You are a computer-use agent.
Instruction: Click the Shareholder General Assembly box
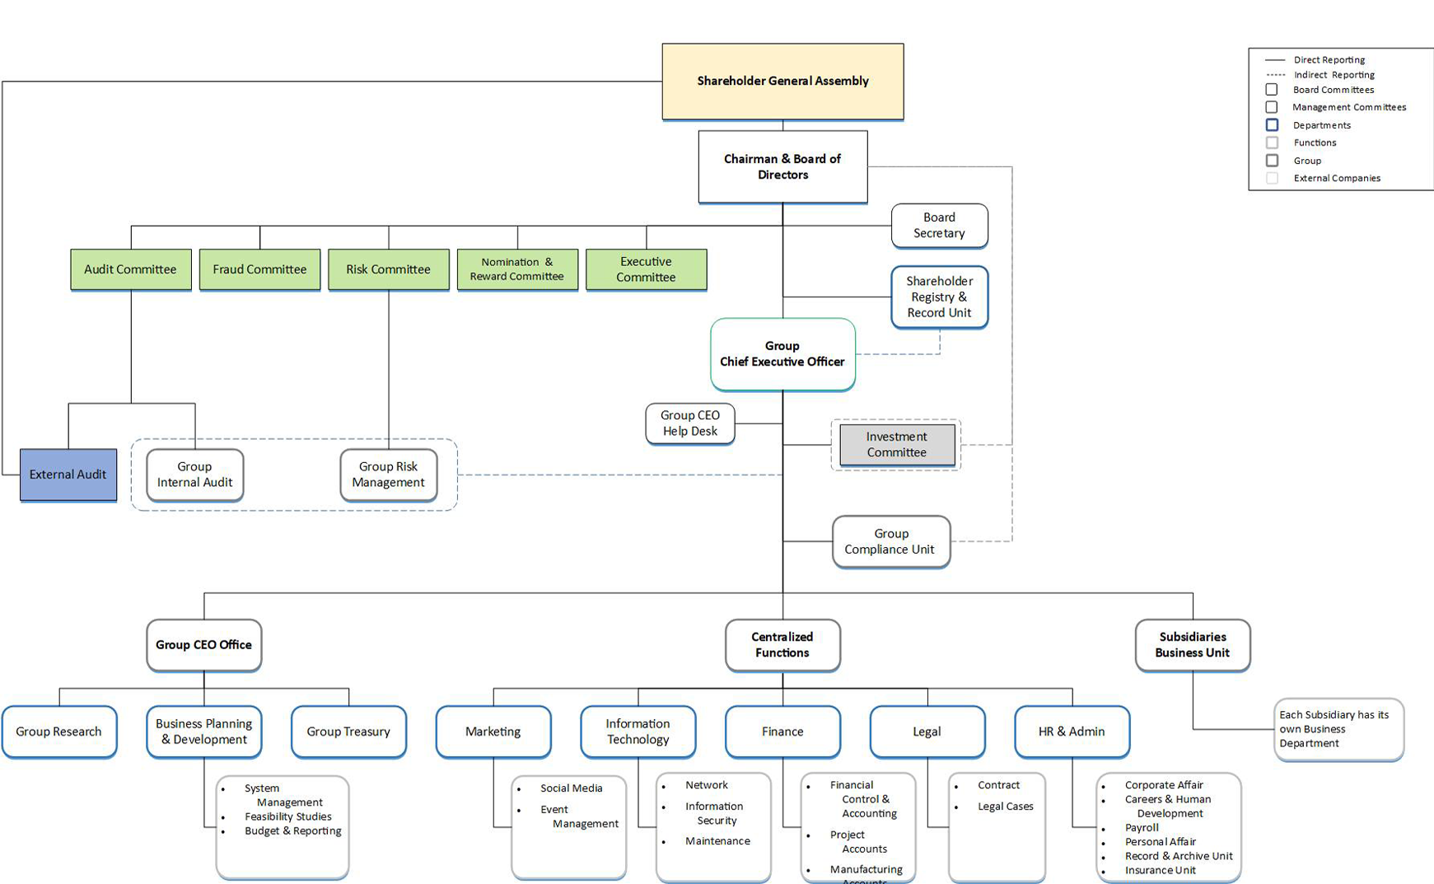click(782, 81)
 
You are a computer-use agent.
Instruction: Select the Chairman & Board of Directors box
click(782, 166)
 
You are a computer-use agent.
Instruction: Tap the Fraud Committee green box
click(259, 269)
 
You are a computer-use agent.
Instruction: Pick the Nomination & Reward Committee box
click(517, 269)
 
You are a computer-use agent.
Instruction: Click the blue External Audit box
click(68, 475)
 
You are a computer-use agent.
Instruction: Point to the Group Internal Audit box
click(194, 475)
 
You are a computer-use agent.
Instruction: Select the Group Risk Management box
click(388, 475)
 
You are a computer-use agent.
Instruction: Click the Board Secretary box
click(939, 225)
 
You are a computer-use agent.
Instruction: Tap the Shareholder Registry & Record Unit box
click(939, 297)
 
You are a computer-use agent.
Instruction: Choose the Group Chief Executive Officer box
click(782, 353)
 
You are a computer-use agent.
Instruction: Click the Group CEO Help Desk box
click(690, 423)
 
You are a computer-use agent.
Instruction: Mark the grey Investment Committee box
click(897, 445)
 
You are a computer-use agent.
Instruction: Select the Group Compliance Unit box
click(890, 541)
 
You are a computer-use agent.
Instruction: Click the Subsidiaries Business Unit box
click(1192, 645)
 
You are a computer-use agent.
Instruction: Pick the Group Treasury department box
click(348, 732)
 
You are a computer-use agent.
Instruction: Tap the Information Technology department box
click(638, 732)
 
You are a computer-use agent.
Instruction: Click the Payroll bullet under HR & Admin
click(1142, 828)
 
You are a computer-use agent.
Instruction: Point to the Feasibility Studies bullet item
click(287, 816)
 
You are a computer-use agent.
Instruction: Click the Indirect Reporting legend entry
click(1334, 75)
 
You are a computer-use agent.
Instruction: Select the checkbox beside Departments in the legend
click(1272, 125)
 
